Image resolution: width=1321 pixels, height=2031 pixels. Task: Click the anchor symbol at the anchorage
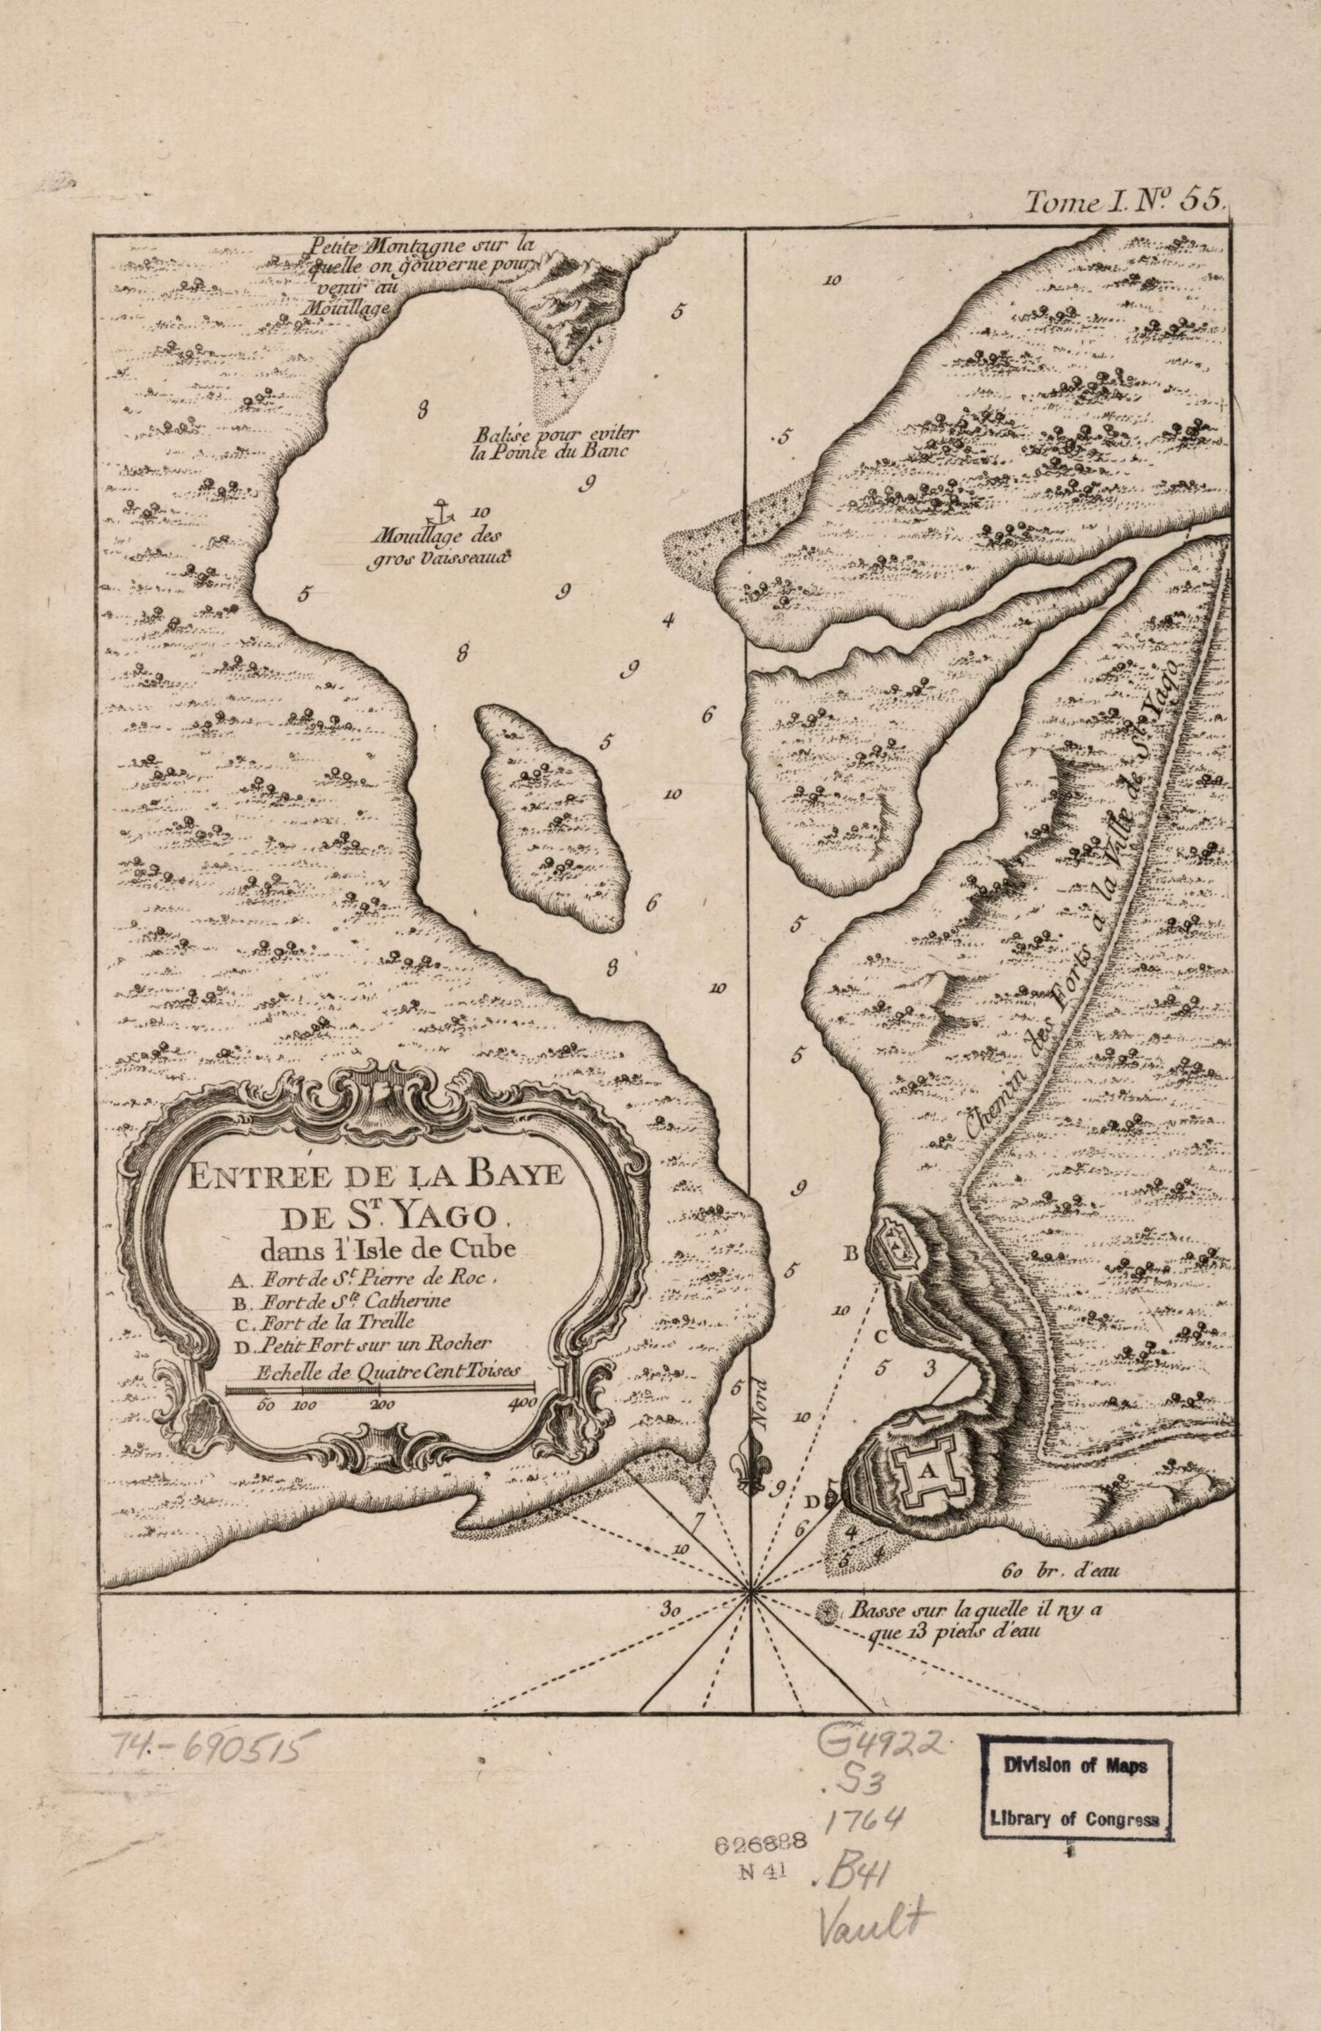(432, 507)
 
